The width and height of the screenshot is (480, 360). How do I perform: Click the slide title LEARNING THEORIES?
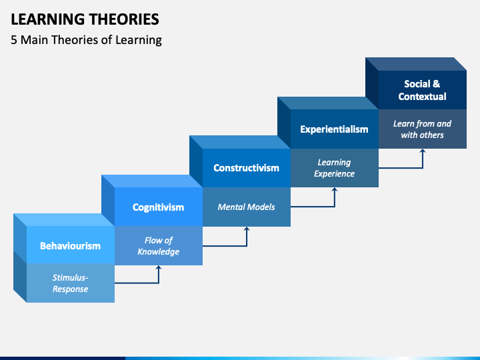pos(85,19)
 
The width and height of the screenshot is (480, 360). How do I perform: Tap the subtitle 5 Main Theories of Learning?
pos(86,40)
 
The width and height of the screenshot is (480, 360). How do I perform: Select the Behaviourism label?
pos(70,246)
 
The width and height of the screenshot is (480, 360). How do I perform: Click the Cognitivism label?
pos(158,207)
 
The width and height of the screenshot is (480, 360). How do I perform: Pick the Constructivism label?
pos(246,168)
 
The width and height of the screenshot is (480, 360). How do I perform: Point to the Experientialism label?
pos(334,129)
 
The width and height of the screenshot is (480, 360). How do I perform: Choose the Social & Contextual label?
pos(422,90)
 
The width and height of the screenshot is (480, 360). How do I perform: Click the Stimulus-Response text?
pos(70,283)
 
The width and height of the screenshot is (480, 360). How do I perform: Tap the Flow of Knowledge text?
pos(158,246)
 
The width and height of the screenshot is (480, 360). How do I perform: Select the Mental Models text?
pos(246,207)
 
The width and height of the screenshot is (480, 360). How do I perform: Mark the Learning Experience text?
pos(334,168)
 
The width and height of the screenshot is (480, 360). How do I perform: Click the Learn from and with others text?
pos(422,129)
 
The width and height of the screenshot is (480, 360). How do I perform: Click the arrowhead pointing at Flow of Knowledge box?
pos(159,267)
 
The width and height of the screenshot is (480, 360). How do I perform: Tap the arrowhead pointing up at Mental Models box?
pos(247,229)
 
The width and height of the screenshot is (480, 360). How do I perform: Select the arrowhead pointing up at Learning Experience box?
pos(335,190)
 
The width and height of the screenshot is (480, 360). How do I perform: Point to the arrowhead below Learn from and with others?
pos(423,151)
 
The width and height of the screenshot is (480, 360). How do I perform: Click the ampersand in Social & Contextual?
pos(437,84)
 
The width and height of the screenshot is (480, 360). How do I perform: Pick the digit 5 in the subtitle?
pos(14,40)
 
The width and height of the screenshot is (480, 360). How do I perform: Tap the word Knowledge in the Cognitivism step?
pos(158,251)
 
